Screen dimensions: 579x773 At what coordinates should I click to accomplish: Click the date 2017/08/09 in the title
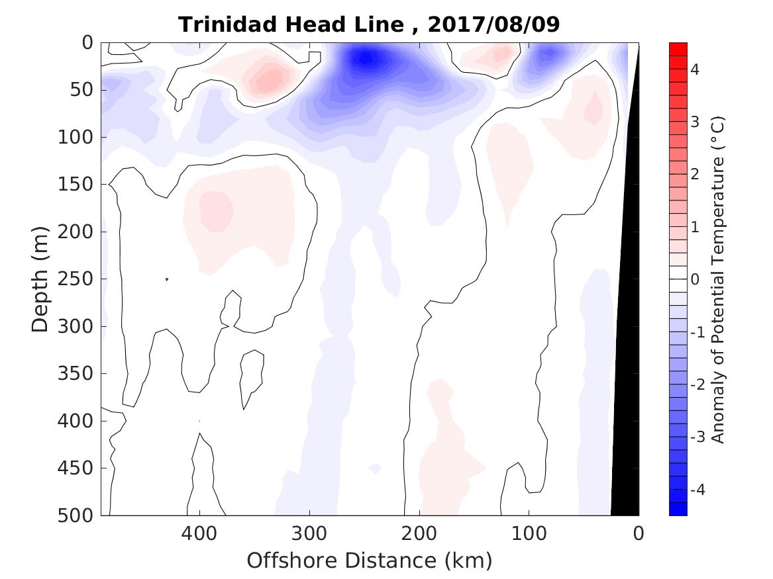tap(494, 24)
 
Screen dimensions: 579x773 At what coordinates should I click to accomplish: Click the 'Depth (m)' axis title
tap(40, 279)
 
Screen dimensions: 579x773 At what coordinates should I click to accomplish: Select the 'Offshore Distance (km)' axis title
tap(370, 561)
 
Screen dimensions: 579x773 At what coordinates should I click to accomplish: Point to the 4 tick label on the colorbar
tap(696, 69)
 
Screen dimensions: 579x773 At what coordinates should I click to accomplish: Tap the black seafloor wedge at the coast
tap(626, 397)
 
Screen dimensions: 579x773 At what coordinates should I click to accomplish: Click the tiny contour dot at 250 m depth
tap(167, 279)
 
